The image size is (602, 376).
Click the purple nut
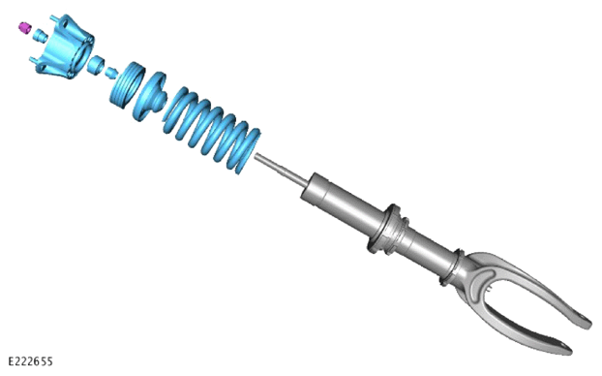click(x=24, y=28)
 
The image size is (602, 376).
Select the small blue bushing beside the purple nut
click(x=40, y=36)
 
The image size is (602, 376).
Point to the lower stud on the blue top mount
click(x=34, y=60)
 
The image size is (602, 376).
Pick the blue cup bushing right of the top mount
click(x=96, y=65)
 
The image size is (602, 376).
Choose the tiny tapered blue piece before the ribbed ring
click(x=112, y=73)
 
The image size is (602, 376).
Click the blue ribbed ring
click(x=127, y=84)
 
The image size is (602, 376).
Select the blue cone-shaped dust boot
click(x=150, y=96)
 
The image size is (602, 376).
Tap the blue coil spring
click(x=212, y=129)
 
